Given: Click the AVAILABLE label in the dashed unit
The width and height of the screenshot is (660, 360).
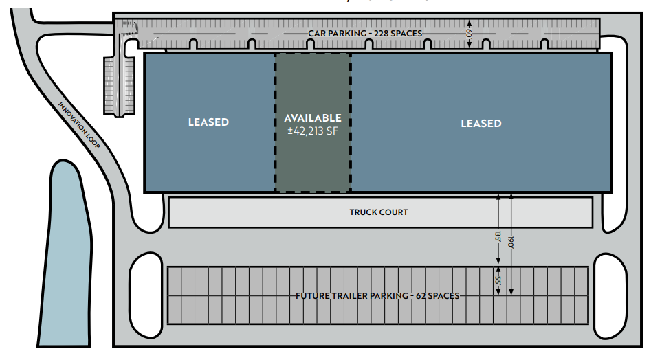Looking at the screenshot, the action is [313, 118].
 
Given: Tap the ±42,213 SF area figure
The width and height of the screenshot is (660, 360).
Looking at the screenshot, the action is [313, 131].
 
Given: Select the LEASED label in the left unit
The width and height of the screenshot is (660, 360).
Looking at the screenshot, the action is [208, 122].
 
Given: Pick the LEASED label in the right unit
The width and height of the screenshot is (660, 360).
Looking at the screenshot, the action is [481, 124].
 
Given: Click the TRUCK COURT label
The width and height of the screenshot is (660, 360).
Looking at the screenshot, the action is [379, 212].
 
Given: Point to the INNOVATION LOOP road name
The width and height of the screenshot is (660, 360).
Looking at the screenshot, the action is [79, 125].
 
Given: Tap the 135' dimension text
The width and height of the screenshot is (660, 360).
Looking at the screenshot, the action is [498, 236].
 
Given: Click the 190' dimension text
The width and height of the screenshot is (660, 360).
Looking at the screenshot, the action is [511, 243].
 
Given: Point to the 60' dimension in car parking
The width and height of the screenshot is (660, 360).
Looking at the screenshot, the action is [470, 34].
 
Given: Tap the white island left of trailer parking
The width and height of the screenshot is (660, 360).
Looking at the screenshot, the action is [146, 295].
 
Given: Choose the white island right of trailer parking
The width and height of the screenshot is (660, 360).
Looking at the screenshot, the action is [610, 296].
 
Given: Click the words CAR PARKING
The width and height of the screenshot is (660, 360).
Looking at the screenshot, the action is [338, 33].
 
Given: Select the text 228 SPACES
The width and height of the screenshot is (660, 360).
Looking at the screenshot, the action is [398, 33].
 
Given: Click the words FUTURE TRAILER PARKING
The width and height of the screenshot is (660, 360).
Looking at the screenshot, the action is [352, 296].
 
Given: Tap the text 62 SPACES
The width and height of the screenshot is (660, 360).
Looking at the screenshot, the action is [438, 296].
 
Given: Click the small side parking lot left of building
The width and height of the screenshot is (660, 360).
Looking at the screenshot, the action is [120, 86].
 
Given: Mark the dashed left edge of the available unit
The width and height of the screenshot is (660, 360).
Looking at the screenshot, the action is [275, 123].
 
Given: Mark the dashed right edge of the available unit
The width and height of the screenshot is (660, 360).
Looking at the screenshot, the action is [351, 123].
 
